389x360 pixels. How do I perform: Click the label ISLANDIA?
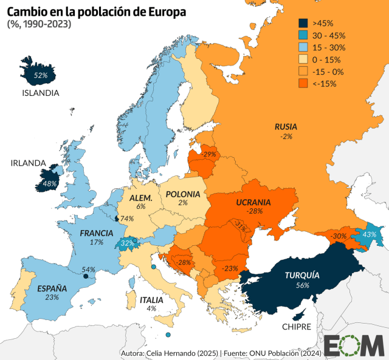point(40,93)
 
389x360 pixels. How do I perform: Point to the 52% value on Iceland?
point(41,76)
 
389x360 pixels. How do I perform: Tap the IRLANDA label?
point(28,163)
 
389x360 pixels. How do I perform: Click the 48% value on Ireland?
point(49,183)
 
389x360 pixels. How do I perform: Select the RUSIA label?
point(286,127)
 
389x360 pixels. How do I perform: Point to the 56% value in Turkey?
point(302,285)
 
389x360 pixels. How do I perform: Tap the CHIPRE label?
point(296,327)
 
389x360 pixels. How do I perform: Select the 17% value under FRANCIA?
point(96,242)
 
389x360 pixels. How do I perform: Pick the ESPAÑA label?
point(52,288)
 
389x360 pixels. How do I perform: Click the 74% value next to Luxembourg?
point(126,219)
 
